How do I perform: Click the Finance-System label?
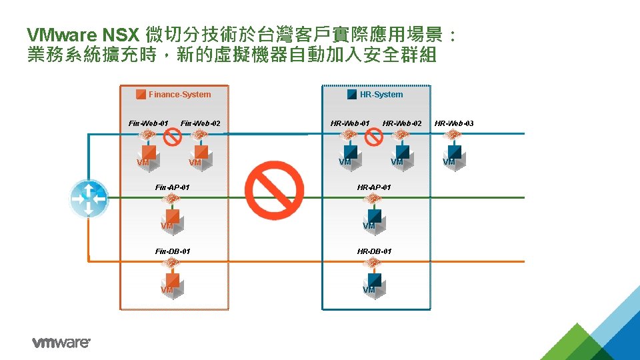coord(179,95)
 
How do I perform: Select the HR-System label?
coord(381,95)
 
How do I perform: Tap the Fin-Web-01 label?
coord(148,123)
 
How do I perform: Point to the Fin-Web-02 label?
coord(201,123)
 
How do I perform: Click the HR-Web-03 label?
coord(454,123)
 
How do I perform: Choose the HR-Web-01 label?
coord(350,123)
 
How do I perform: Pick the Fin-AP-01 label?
coord(172,187)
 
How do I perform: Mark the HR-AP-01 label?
coord(374,187)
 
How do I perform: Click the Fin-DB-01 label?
coord(172,251)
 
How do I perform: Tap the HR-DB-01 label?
coord(374,251)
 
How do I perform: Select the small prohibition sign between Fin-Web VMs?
coord(173,137)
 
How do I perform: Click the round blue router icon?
coord(88,198)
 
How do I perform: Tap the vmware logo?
coord(61,343)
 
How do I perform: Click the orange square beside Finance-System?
coord(141,95)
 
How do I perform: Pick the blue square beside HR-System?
coord(352,95)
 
